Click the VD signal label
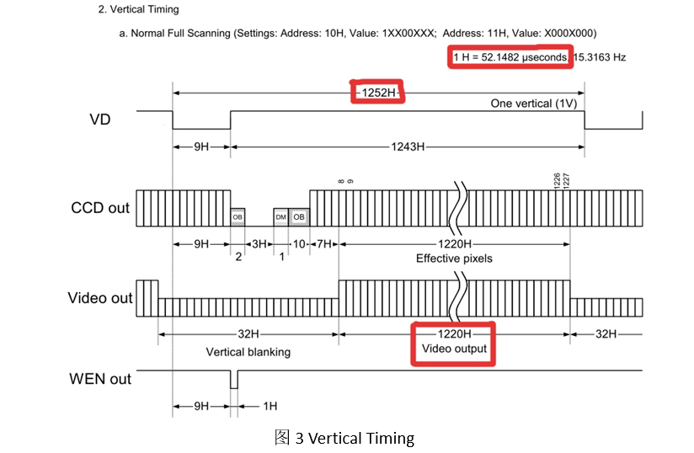click(x=99, y=120)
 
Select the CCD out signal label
click(x=99, y=207)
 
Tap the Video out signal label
click(x=100, y=298)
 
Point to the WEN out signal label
click(x=100, y=379)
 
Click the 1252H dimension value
click(x=378, y=92)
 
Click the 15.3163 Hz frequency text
click(x=599, y=57)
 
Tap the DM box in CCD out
click(x=280, y=217)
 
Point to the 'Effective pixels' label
click(x=454, y=258)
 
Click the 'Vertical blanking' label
click(x=248, y=352)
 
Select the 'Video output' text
click(x=454, y=349)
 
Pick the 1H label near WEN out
click(x=269, y=406)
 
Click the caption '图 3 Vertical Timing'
click(x=344, y=438)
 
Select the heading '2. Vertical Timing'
click(x=138, y=9)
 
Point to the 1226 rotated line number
click(x=557, y=180)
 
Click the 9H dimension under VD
click(x=201, y=146)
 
